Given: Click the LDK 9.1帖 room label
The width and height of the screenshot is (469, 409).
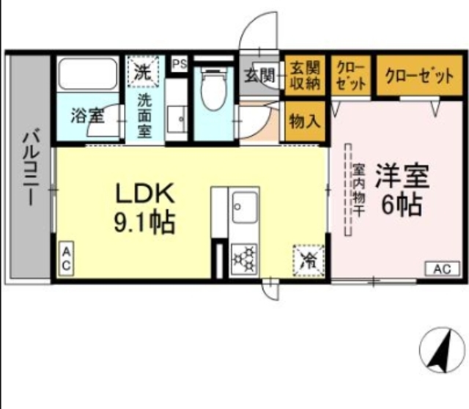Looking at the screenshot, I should click(145, 207).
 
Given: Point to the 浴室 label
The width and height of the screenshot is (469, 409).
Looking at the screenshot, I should click(87, 115).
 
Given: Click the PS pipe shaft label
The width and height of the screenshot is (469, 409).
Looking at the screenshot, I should click(179, 65).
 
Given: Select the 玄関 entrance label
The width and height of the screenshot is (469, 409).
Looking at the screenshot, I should click(259, 74).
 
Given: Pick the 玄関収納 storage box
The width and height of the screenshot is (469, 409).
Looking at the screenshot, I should click(304, 75).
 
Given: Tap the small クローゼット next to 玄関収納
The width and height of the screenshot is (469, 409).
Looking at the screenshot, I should click(350, 75).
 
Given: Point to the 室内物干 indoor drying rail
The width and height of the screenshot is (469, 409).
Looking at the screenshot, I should click(348, 191).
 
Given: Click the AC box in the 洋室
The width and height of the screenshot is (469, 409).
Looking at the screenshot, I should click(441, 268).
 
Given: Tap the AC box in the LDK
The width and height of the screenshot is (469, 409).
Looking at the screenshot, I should click(65, 259).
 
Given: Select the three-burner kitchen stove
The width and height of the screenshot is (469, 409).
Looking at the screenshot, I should click(243, 258).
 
